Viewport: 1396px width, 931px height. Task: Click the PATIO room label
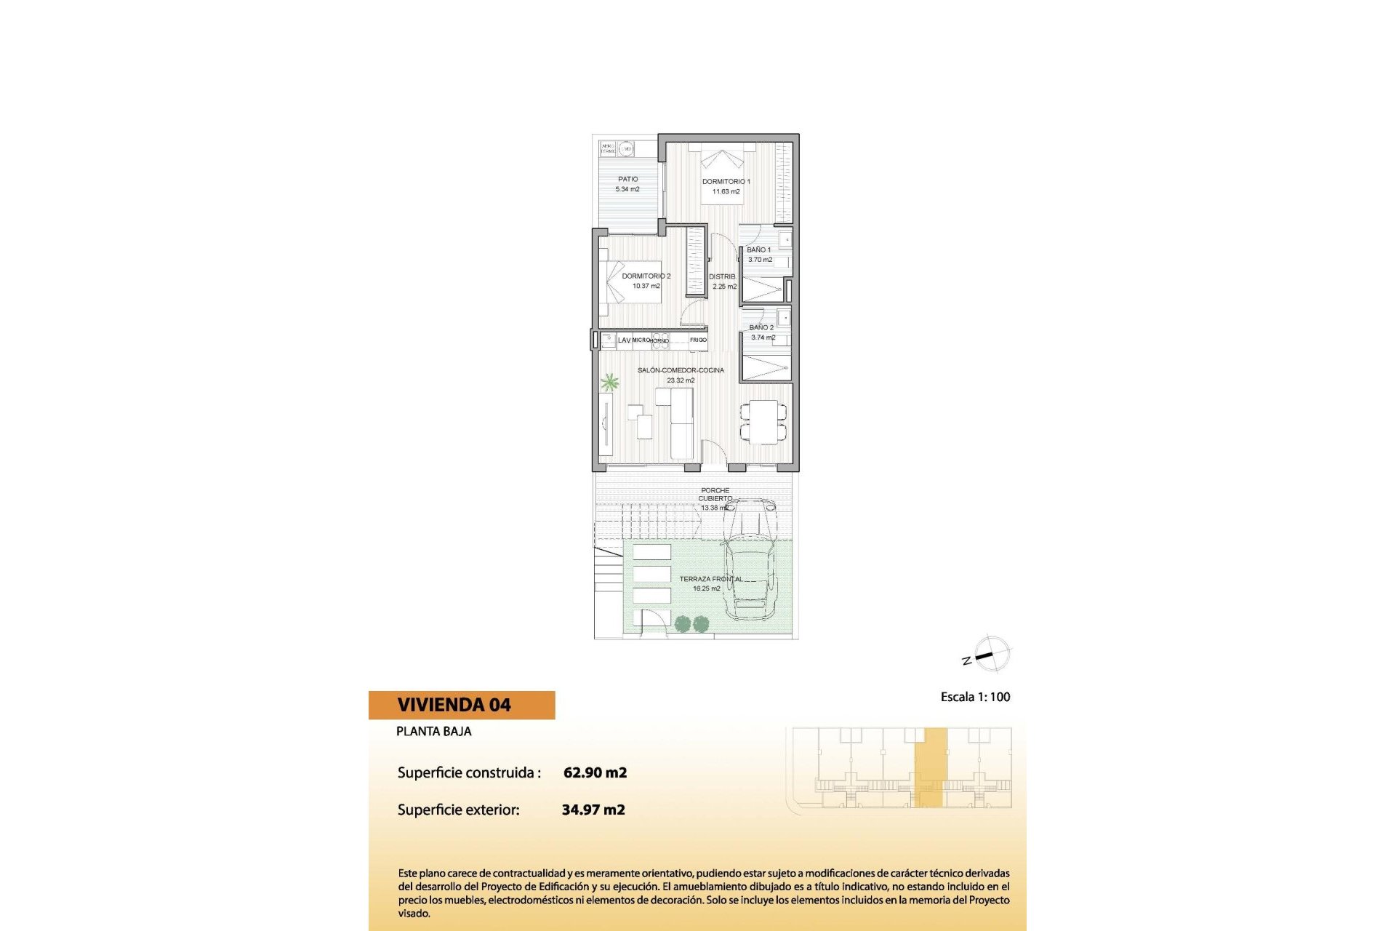pyautogui.click(x=628, y=179)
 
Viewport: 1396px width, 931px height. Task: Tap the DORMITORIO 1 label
pyautogui.click(x=726, y=182)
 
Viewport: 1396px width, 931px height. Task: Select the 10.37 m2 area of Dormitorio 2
pyautogui.click(x=646, y=287)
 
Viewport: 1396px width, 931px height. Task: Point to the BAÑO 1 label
pyautogui.click(x=758, y=249)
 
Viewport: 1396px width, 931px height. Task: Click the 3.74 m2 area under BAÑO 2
pyautogui.click(x=763, y=337)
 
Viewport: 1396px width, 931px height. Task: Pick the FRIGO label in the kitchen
pyautogui.click(x=698, y=340)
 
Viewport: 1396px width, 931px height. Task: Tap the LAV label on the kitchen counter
pyautogui.click(x=624, y=340)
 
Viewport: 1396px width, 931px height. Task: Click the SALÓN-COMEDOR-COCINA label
pyautogui.click(x=681, y=370)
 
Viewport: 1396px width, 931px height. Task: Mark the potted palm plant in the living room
pyautogui.click(x=609, y=382)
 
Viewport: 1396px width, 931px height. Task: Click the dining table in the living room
pyautogui.click(x=763, y=422)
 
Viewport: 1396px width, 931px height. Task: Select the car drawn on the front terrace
pyautogui.click(x=750, y=560)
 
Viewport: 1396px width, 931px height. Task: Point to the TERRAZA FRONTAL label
pyautogui.click(x=710, y=579)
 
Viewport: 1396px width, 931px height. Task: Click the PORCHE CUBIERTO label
pyautogui.click(x=715, y=495)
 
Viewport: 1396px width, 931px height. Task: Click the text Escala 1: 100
pyautogui.click(x=975, y=697)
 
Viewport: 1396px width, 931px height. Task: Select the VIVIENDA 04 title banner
pyautogui.click(x=462, y=705)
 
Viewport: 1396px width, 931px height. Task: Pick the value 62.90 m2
pyautogui.click(x=595, y=772)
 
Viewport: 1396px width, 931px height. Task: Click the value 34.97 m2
pyautogui.click(x=593, y=810)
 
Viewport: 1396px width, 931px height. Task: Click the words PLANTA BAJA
pyautogui.click(x=433, y=732)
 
